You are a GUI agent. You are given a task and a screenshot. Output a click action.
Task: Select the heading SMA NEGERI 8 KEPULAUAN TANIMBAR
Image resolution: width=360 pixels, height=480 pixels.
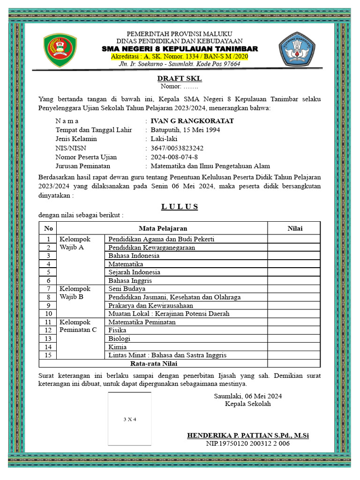point(180,49)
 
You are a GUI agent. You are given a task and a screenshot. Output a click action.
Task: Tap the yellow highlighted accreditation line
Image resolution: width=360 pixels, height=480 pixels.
point(180,57)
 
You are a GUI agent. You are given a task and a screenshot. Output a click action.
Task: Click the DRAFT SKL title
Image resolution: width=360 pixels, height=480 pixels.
point(180,79)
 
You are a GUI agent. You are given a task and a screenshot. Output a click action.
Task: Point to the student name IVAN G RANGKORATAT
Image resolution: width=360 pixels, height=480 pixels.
point(192,121)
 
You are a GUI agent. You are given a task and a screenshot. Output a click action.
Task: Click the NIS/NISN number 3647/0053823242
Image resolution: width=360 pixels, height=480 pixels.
point(177,148)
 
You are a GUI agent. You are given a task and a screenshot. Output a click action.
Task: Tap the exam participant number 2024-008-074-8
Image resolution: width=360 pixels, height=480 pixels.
point(174,157)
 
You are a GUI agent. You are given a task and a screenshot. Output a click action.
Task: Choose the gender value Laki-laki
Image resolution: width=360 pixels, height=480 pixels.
point(164,139)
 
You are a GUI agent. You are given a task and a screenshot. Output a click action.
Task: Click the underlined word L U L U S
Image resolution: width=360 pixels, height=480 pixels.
point(180,207)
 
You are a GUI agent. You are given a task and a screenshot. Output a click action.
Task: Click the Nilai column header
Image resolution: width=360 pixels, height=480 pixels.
point(295,228)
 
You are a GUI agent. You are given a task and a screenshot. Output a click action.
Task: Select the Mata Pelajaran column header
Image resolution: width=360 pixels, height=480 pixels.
point(163,228)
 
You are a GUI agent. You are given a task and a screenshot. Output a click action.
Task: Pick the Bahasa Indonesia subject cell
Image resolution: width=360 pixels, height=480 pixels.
point(134,256)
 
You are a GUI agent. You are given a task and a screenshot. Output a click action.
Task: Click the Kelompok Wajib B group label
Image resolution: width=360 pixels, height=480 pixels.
point(75,293)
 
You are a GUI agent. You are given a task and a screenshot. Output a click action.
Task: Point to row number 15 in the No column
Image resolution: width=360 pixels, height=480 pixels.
point(48,355)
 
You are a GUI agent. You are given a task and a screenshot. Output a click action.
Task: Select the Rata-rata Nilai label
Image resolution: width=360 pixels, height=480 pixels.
point(153,363)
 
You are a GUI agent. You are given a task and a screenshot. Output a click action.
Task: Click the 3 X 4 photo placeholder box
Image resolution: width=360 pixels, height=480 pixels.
point(129,419)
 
